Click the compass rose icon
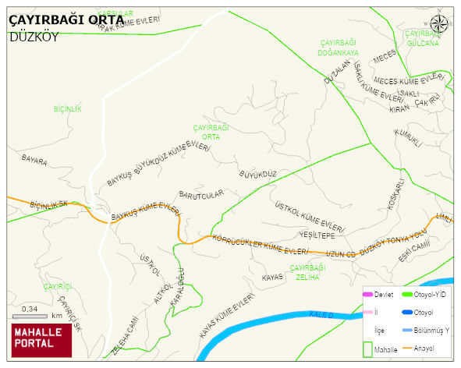(x=440, y=25)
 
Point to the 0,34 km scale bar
(x=35, y=315)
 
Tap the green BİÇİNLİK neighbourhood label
(x=67, y=108)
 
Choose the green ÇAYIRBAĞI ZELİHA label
(x=307, y=272)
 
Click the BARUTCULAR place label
(x=201, y=193)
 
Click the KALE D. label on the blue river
(x=321, y=314)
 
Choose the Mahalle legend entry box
(x=368, y=350)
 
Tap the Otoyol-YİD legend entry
(x=430, y=294)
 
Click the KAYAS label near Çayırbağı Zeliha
(x=272, y=278)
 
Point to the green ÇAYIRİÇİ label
(x=58, y=287)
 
